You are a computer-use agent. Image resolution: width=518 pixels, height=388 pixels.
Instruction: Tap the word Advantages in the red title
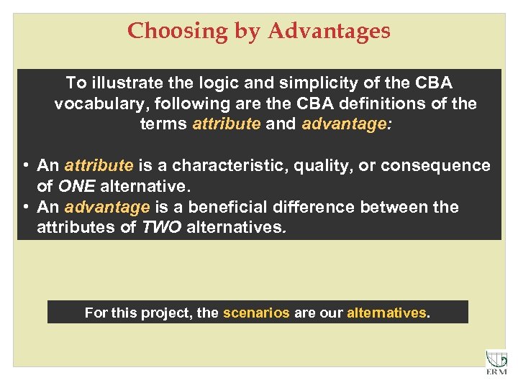pos(330,31)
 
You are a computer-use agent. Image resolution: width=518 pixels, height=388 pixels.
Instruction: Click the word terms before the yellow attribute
pos(164,124)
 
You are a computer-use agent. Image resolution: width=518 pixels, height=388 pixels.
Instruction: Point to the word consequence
pos(435,165)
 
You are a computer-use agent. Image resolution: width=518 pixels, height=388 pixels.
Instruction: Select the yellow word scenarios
pos(256,313)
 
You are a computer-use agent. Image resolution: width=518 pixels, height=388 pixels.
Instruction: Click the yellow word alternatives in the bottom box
pos(386,313)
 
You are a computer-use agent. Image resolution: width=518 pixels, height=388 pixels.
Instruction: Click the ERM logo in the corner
pos(496,362)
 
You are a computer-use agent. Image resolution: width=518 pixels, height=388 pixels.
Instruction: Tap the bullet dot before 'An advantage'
pos(26,208)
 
